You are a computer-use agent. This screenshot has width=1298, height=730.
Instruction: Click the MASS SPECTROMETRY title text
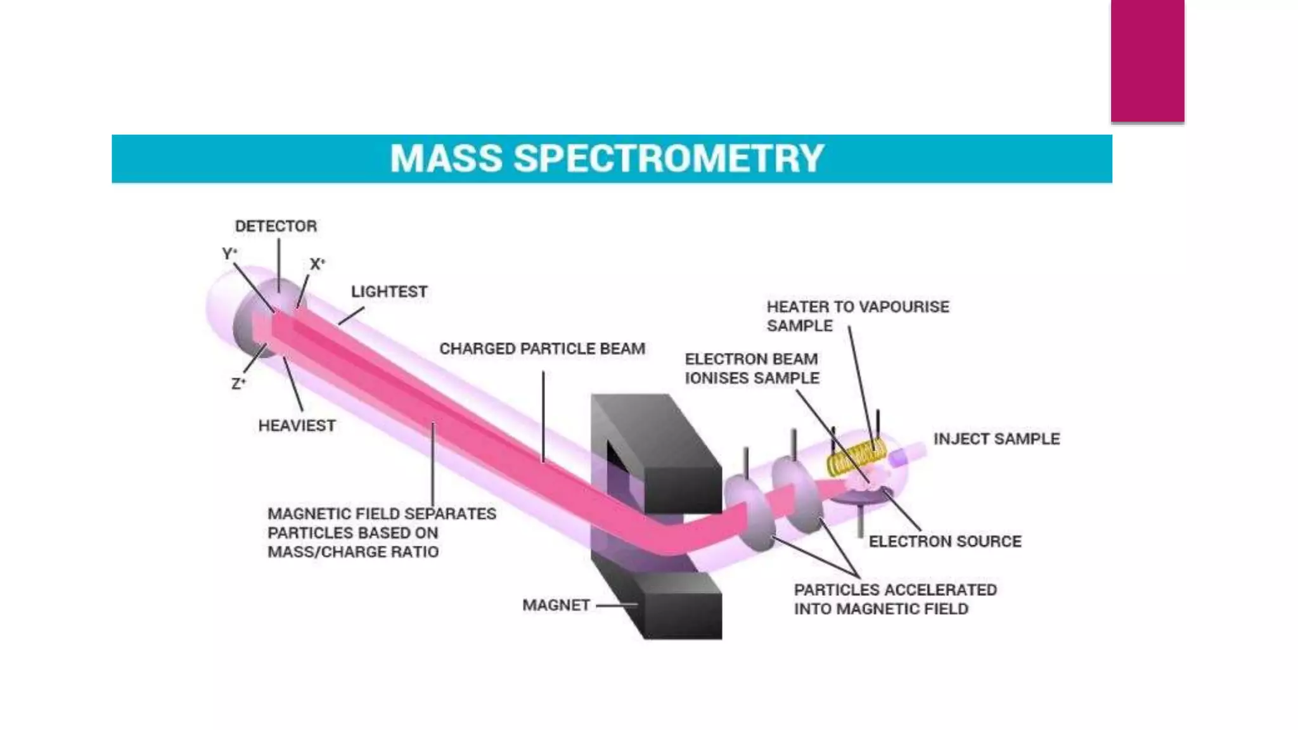(607, 158)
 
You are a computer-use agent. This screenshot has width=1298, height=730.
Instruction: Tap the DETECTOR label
(276, 226)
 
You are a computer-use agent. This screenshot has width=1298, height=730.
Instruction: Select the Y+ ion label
(229, 254)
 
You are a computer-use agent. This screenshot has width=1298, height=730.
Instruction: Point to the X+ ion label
(317, 264)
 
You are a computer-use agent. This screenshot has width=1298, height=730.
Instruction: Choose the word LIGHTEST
(389, 292)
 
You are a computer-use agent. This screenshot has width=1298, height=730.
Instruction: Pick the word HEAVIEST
(297, 426)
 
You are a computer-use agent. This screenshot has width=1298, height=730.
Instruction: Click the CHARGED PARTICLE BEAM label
(542, 349)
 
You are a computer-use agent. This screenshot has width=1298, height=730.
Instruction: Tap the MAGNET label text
(556, 606)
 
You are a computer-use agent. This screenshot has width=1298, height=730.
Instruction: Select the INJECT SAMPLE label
(996, 439)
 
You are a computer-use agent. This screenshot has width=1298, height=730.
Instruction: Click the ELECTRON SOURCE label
(944, 542)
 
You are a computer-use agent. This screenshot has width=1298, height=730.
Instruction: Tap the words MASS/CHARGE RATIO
(352, 553)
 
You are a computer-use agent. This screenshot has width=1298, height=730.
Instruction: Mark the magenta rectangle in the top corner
(1147, 60)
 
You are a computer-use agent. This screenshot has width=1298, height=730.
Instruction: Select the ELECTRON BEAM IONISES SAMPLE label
(752, 369)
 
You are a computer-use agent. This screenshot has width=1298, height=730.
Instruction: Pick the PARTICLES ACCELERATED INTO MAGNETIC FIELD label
(895, 599)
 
